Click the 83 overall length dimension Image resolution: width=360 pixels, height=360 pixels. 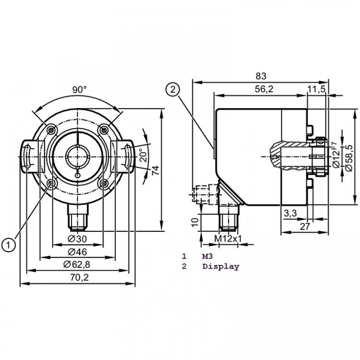coord(261,76)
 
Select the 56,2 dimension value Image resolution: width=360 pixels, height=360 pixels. coord(264,89)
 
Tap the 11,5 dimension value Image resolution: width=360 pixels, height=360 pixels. coord(316,89)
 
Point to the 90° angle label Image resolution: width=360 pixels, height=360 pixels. coord(79,90)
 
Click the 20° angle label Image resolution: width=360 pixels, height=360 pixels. coord(143,155)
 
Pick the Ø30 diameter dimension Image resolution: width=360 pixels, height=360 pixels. coord(77,239)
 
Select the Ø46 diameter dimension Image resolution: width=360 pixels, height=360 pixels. coord(77,252)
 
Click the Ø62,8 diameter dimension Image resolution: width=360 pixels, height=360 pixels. coord(77,264)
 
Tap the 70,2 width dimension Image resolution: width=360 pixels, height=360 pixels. coord(79,277)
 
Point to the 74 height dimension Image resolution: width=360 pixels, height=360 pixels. coord(156,170)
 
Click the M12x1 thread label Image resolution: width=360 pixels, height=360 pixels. coord(228,239)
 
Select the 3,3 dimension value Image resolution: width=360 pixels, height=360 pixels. coord(290,213)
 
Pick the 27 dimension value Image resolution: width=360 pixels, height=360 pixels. coord(305,227)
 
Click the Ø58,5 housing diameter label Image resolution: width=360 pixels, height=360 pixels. coord(349,158)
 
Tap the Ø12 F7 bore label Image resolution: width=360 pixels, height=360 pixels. coord(336,155)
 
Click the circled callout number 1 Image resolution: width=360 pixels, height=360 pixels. coord(8,245)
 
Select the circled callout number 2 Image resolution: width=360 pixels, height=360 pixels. coord(173,90)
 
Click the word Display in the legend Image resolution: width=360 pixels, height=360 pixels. coord(221,266)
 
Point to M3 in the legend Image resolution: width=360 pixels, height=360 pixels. coord(207,256)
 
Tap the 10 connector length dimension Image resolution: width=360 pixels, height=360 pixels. coord(195,222)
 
